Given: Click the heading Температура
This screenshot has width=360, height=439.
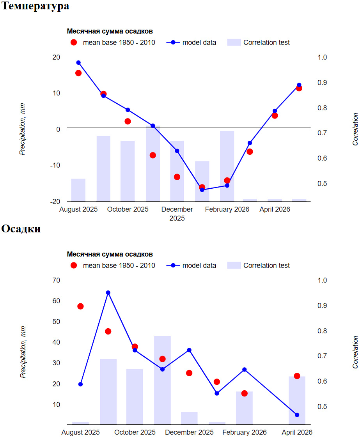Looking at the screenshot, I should pos(35,6).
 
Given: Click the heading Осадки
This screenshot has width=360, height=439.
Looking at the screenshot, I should pos(21,229).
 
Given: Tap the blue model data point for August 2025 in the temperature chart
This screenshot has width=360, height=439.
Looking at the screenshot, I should pos(78,63).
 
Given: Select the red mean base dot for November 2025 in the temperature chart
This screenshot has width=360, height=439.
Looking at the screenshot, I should pos(153,155).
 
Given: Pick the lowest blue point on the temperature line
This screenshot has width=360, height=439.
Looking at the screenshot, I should pos(202,190).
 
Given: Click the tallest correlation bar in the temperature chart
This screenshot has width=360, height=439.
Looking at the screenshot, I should pos(153,164).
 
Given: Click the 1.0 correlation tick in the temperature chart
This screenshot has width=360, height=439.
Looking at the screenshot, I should pos(322,57).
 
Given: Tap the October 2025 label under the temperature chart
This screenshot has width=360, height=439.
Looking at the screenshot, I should pos(128,209).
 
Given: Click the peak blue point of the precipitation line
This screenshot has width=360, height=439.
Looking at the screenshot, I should pos(108,293).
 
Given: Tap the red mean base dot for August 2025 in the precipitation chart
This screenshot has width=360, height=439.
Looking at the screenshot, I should pos(80,306).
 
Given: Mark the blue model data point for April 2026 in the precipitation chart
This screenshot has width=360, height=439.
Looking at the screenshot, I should pos(297,415).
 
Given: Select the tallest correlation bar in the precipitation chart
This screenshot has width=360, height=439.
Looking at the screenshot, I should pos(163,380).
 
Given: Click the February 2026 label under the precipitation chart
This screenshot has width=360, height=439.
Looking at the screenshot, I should pos(244,432).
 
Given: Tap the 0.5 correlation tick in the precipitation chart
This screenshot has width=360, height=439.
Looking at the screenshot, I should pos(322,407).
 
